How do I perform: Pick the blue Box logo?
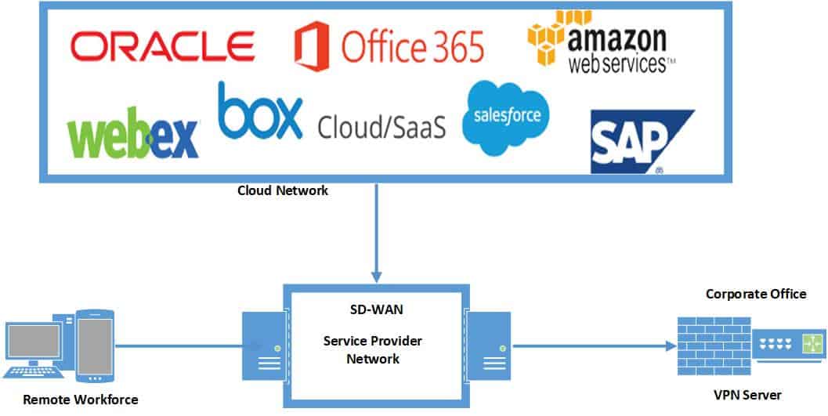260,113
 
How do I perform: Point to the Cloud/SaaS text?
381,125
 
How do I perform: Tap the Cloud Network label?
283,191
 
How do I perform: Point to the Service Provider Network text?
374,350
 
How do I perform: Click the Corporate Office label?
755,294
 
